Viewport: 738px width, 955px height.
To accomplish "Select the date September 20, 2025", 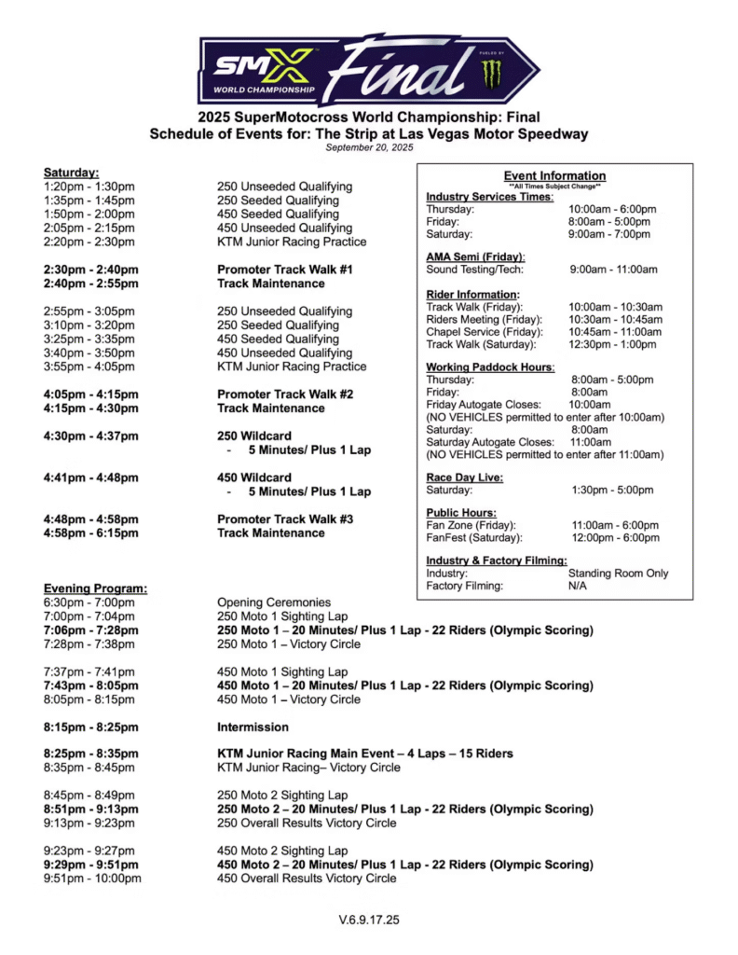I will click(369, 147).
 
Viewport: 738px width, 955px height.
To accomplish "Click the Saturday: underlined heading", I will click(71, 173).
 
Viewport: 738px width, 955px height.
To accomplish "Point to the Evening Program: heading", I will click(95, 588).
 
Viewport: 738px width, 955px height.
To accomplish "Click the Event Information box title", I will click(554, 175).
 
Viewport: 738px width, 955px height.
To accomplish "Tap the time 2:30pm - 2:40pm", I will click(91, 270).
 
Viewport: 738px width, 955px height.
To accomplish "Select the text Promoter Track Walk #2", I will click(285, 394).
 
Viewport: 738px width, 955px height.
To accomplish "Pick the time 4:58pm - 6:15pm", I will click(91, 533).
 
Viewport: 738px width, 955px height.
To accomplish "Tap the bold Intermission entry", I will click(253, 727).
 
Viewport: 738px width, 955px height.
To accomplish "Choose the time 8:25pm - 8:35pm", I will click(91, 754).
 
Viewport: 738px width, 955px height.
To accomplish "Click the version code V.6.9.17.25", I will click(369, 920).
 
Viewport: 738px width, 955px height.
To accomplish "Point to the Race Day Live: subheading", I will click(465, 476).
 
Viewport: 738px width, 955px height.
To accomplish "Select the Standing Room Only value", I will click(618, 574).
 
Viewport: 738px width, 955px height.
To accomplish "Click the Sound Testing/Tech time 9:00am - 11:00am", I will click(613, 270).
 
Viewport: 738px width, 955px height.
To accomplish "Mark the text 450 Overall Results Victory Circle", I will click(307, 879).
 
